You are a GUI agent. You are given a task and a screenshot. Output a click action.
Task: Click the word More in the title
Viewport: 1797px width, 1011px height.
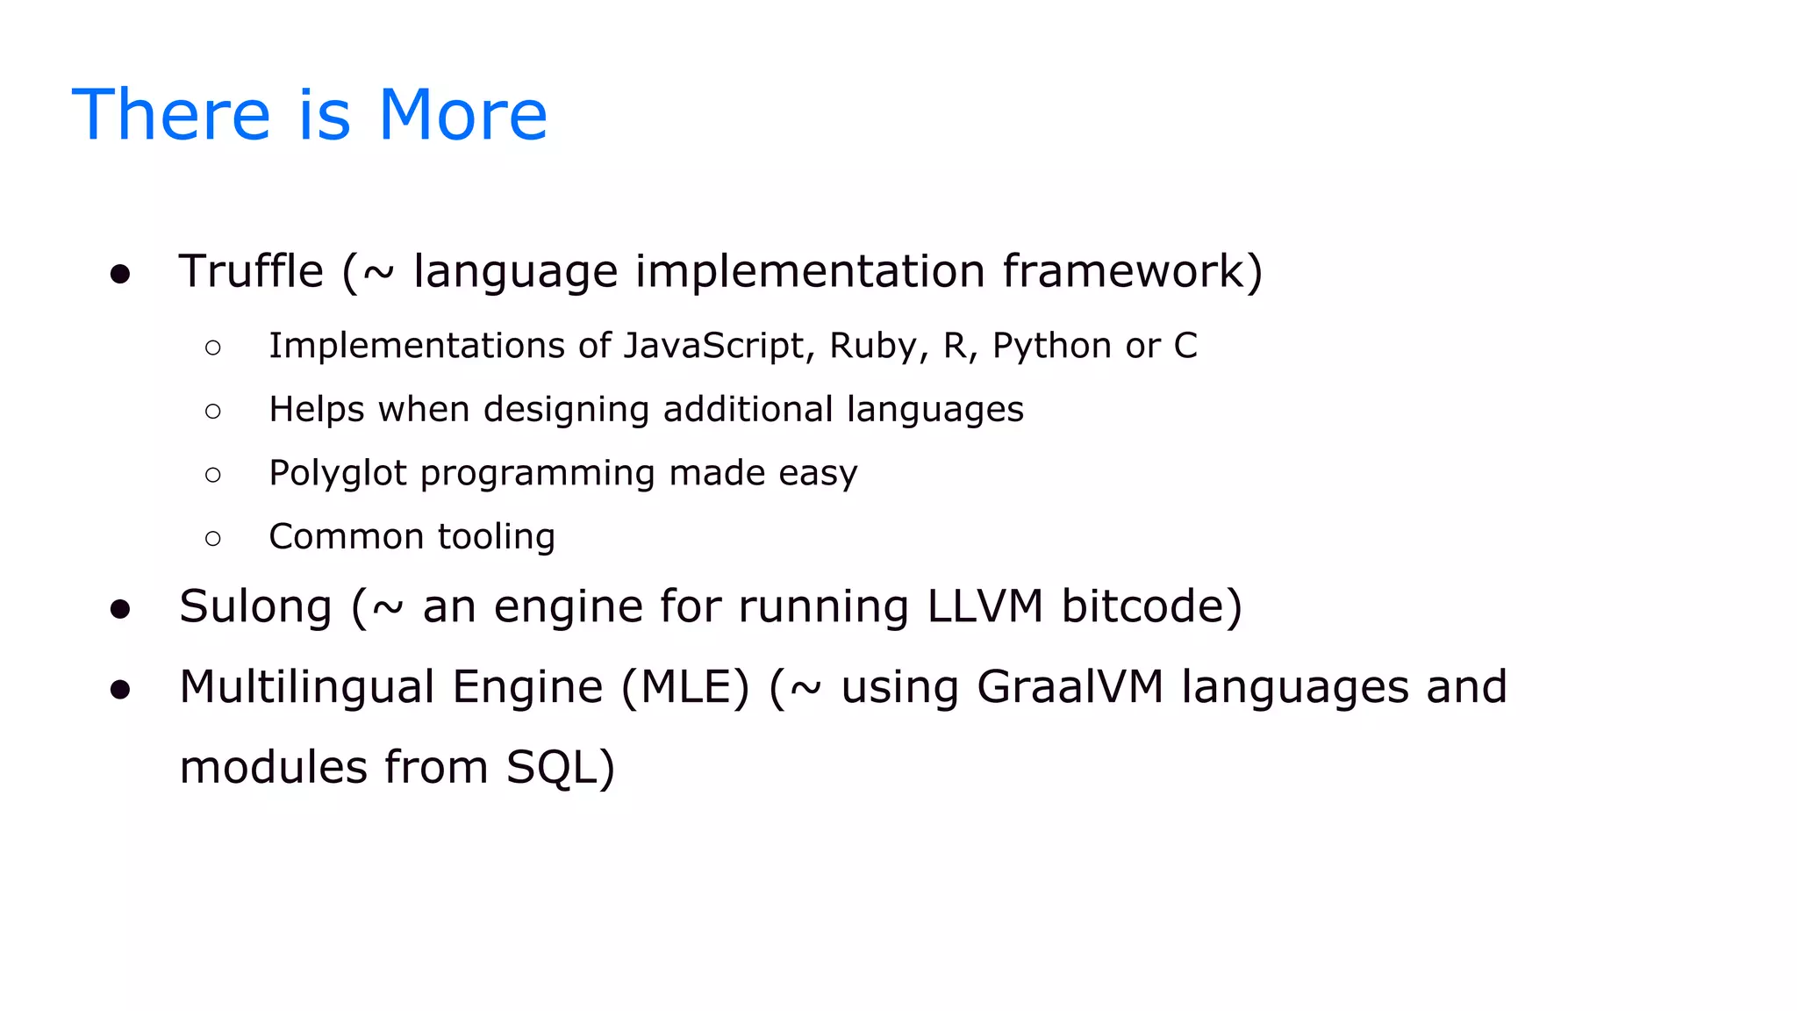(462, 115)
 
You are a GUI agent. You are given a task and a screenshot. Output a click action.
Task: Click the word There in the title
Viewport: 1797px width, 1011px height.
(171, 115)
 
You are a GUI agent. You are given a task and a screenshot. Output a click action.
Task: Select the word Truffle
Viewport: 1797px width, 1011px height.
(251, 271)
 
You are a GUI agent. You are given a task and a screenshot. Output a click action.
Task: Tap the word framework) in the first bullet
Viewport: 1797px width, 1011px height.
(1133, 271)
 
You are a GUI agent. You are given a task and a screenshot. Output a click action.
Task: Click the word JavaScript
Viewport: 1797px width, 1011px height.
(713, 346)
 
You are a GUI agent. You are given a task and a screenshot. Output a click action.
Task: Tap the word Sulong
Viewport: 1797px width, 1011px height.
(255, 607)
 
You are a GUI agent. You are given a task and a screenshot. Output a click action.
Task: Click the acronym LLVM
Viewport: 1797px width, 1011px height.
(984, 606)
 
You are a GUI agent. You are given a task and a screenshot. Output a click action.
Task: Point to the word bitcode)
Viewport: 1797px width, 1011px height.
(1151, 606)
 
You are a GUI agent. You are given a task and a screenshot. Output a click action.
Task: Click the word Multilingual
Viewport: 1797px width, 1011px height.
(307, 687)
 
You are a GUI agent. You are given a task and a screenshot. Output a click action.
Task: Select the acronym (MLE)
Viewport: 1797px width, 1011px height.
(685, 687)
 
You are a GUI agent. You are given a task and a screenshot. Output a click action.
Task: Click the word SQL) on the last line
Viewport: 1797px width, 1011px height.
(561, 768)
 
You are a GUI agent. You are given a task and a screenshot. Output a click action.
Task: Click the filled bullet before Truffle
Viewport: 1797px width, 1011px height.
(120, 275)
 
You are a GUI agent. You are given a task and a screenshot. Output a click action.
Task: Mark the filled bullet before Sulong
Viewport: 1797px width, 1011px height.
(120, 610)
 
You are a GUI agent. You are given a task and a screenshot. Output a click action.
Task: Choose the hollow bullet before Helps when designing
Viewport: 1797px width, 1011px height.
(212, 411)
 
